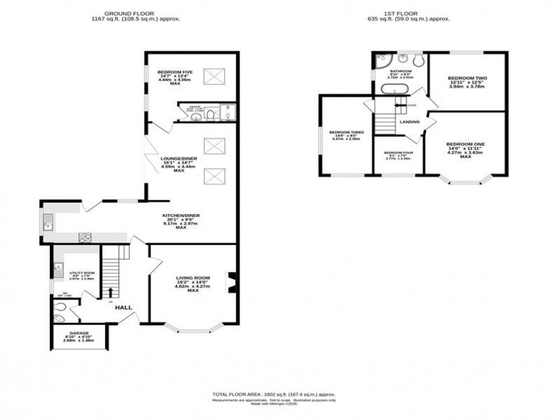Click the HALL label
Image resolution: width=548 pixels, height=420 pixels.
point(124,308)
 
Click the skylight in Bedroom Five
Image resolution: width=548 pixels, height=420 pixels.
point(212,75)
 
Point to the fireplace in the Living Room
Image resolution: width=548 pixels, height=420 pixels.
point(232,282)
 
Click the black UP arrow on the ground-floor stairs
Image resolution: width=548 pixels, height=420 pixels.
point(111,292)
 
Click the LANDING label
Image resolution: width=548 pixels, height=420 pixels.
point(410,122)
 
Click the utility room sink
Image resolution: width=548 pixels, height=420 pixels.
point(58,271)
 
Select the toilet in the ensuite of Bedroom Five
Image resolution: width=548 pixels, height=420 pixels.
point(209,115)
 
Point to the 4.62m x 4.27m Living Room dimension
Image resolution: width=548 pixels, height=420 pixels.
point(193,286)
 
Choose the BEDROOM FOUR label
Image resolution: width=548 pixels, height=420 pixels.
point(398,153)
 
